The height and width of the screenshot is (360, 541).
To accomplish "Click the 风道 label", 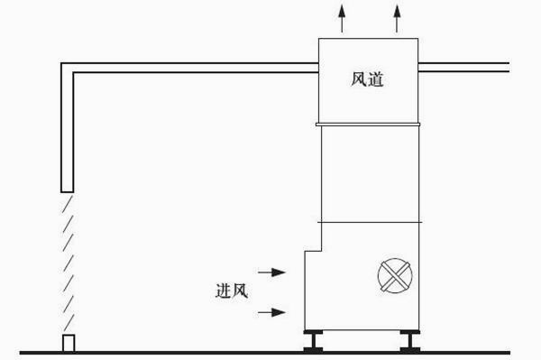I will point(368,80).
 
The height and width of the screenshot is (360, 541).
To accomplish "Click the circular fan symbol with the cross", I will point(396,275).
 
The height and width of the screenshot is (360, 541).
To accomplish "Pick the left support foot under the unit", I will point(316,342).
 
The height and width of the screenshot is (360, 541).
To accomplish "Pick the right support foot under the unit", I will point(407,342).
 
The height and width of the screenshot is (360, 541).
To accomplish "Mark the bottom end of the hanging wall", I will point(66,189).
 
